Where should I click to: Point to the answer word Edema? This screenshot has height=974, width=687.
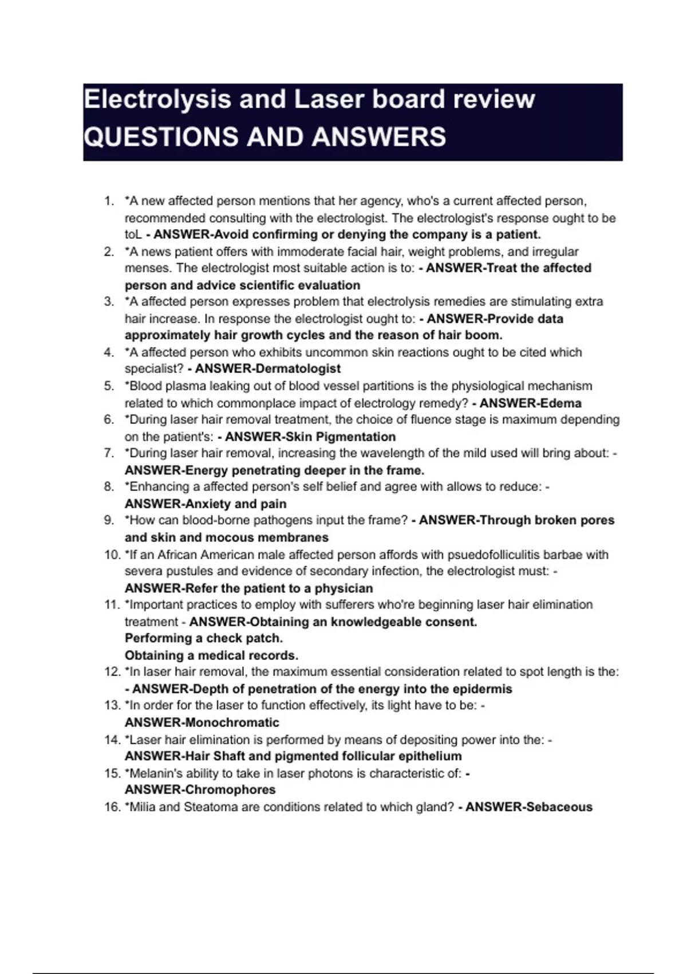(563, 403)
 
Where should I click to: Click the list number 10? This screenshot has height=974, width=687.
(111, 555)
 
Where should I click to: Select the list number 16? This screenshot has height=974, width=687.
(111, 807)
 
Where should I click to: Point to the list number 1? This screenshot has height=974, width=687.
(109, 201)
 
